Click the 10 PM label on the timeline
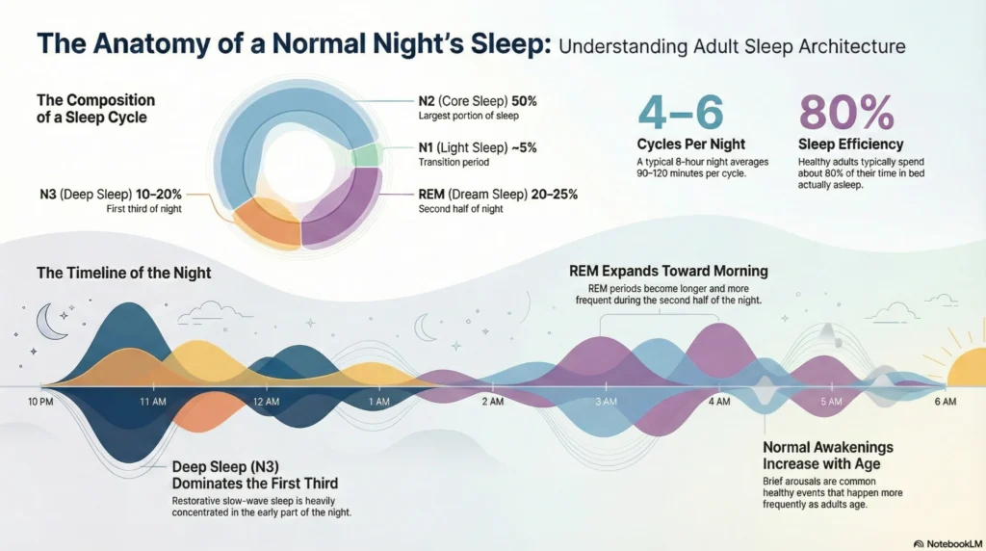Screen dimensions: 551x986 tap(40, 400)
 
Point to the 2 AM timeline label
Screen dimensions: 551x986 tap(492, 401)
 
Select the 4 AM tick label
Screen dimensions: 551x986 tap(718, 401)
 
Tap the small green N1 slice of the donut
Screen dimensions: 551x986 tap(365, 156)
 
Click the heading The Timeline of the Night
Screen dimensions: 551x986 tap(123, 273)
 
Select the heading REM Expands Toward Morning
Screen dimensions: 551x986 tap(667, 271)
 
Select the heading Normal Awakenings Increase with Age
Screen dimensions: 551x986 tap(827, 455)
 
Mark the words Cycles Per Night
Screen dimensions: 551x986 tap(691, 144)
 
